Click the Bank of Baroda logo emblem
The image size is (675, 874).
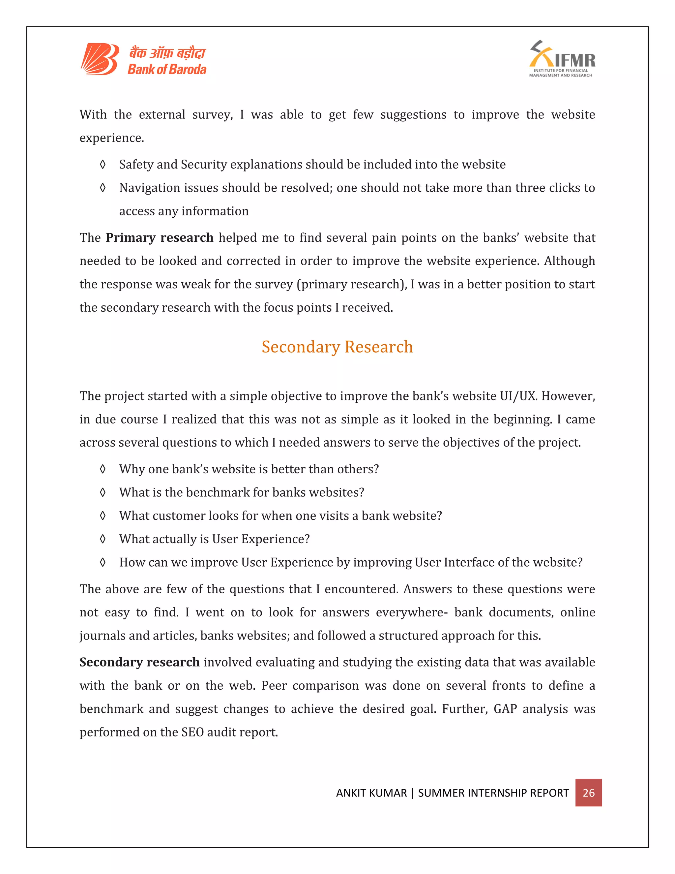[x=99, y=59]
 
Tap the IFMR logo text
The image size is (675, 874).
[x=574, y=60]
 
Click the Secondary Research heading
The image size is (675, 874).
[x=337, y=347]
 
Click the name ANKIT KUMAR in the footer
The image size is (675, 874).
[x=371, y=793]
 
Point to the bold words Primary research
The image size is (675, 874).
[x=159, y=238]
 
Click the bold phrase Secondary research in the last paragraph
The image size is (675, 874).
[x=139, y=662]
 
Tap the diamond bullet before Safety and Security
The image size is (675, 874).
[x=103, y=165]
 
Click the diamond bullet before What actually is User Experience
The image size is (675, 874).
[x=103, y=539]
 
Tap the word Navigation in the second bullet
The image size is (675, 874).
[x=150, y=188]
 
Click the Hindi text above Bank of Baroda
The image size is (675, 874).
[x=167, y=53]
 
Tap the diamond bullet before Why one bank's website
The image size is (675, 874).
[x=103, y=469]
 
